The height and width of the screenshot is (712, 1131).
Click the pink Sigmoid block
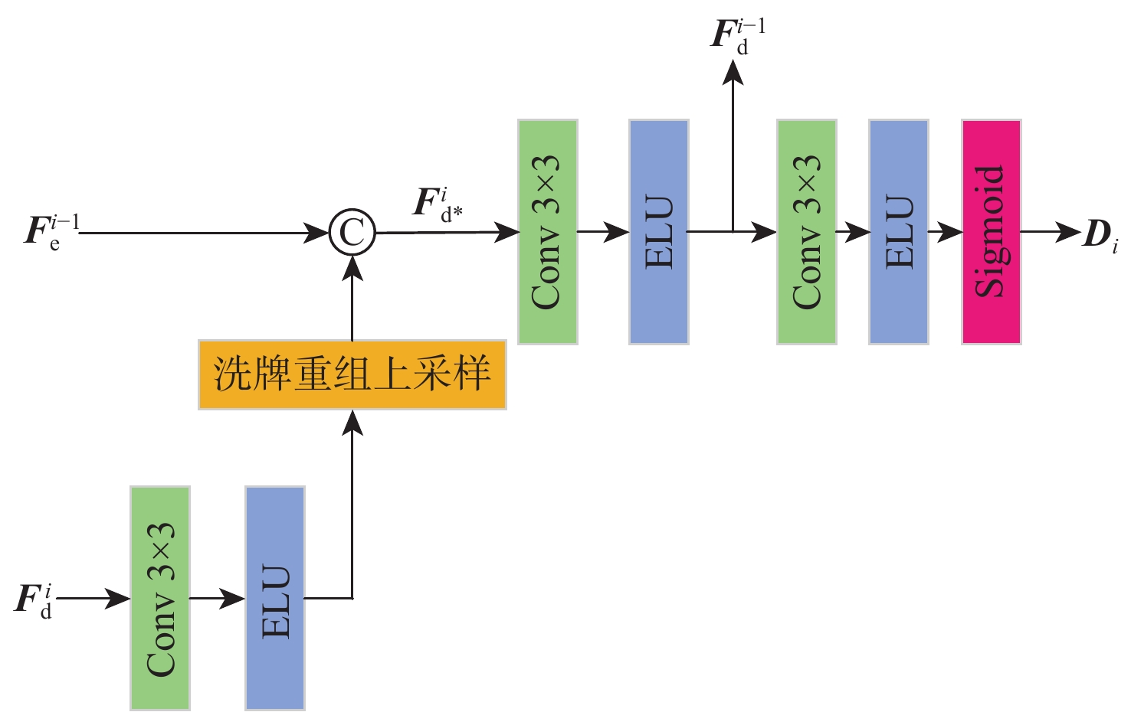tap(992, 232)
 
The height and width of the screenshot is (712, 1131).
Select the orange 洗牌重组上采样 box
tap(352, 375)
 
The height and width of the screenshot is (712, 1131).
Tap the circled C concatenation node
tap(352, 233)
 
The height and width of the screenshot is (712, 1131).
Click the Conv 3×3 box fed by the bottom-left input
tap(160, 598)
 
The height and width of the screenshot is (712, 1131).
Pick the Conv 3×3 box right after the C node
tap(547, 232)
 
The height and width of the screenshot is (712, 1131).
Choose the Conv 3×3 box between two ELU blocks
tap(806, 232)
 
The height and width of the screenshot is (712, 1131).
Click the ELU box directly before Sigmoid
tap(899, 232)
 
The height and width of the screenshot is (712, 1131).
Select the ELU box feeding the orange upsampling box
tap(275, 598)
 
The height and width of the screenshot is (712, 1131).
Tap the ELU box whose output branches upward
tap(659, 232)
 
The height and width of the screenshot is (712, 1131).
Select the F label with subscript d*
tap(437, 204)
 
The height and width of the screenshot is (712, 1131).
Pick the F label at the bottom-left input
tap(34, 599)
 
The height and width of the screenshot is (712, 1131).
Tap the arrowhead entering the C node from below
tap(352, 268)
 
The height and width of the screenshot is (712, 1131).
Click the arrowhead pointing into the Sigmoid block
tap(952, 232)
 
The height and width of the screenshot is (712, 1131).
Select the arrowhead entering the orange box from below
tap(352, 422)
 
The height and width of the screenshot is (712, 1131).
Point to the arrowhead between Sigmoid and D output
tap(1068, 232)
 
